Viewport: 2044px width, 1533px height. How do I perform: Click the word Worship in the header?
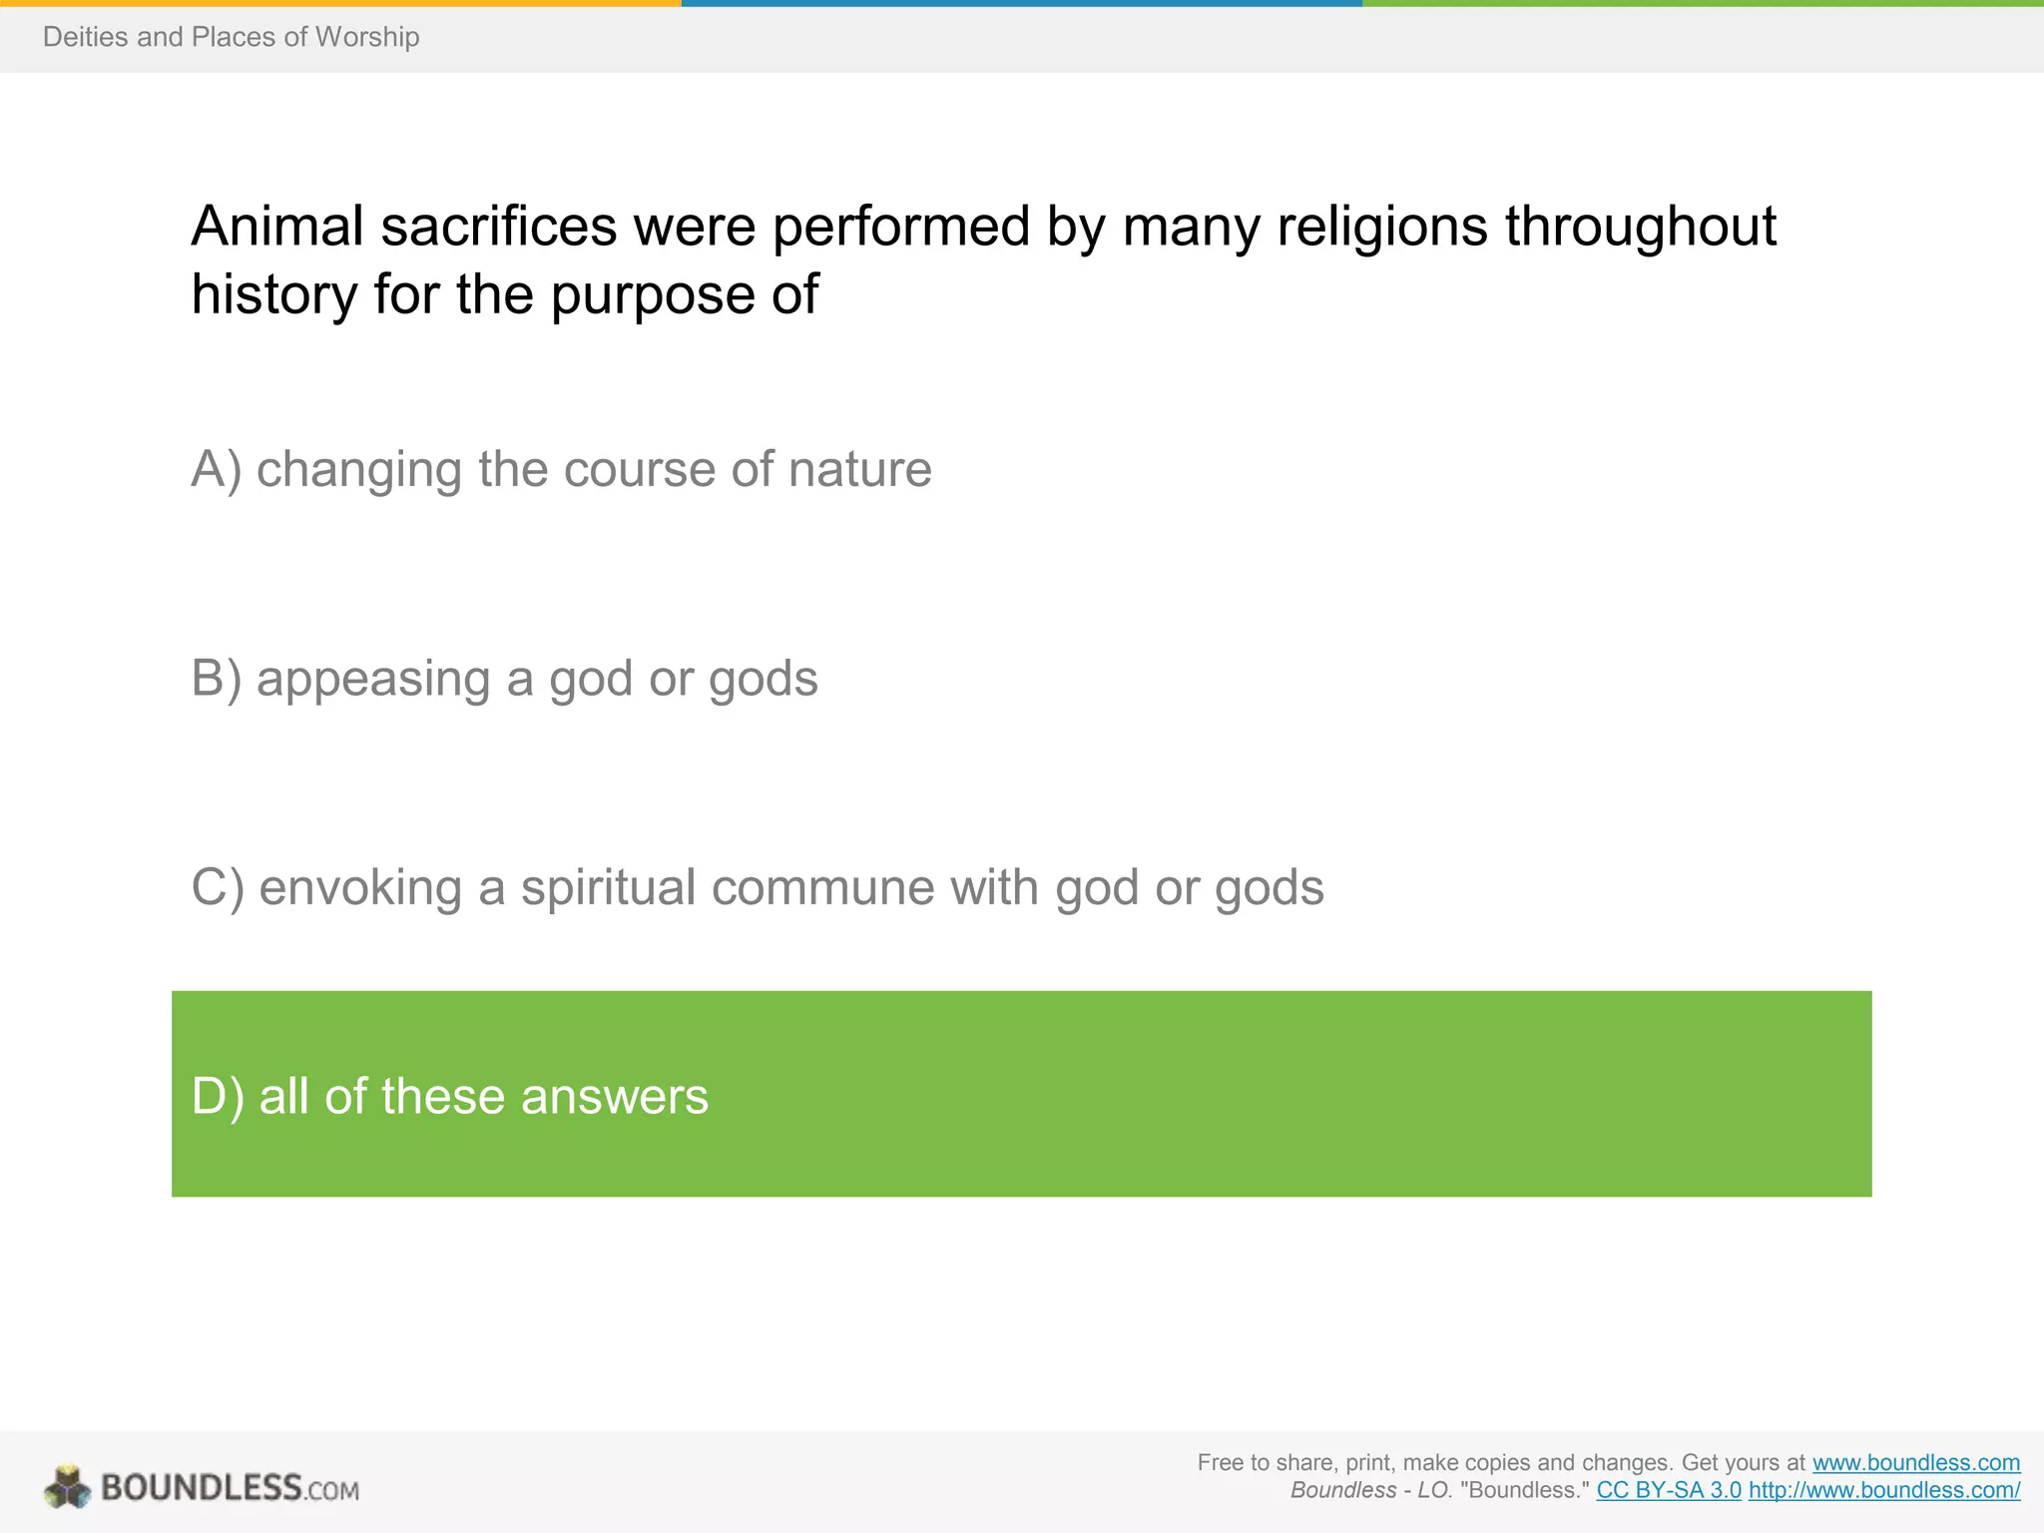[366, 37]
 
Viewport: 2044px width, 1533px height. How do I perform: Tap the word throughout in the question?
[1640, 227]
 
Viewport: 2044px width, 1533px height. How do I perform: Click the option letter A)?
[217, 469]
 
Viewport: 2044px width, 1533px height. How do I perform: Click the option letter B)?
[217, 679]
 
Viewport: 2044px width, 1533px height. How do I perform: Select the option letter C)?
[218, 887]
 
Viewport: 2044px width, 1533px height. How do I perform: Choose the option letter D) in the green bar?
[218, 1096]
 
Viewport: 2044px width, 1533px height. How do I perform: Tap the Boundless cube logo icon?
[67, 1487]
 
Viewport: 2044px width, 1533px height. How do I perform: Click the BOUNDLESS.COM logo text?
[230, 1488]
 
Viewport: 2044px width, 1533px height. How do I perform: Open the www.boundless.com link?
[1915, 1462]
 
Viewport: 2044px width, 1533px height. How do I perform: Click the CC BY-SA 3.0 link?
[1669, 1490]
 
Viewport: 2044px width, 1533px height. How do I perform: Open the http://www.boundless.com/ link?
[1883, 1490]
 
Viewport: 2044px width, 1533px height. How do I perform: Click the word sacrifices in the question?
[499, 227]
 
